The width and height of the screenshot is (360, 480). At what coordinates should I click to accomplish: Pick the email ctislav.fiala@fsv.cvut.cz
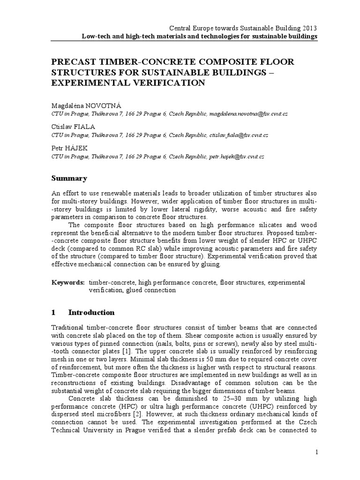click(x=239, y=135)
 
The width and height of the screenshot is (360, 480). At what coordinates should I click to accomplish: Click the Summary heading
click(x=69, y=178)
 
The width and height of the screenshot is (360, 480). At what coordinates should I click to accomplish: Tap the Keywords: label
click(x=68, y=282)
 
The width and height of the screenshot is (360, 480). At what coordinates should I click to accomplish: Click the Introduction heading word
click(x=91, y=312)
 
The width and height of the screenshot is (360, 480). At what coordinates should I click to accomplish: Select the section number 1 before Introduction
click(x=53, y=312)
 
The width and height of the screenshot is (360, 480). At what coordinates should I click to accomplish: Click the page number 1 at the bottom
click(x=316, y=452)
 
